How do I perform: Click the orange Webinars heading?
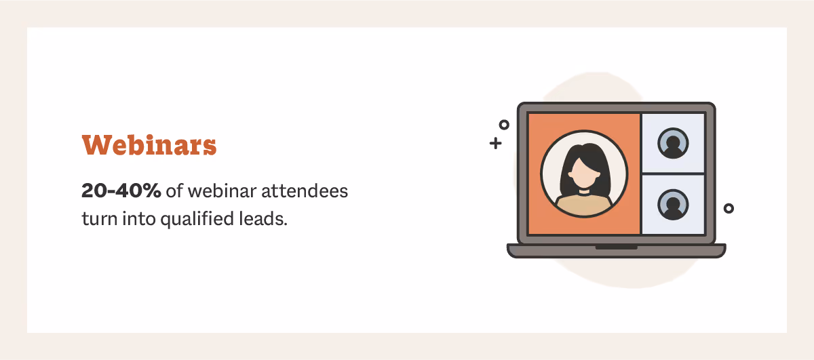point(149,145)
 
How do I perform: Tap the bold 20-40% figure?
point(121,191)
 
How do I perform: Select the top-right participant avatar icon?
point(673,143)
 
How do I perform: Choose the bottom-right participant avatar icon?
point(673,205)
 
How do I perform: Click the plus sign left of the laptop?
point(496,143)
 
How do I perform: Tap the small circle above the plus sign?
point(504,125)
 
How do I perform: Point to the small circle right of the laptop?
point(729,208)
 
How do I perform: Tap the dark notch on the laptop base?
point(616,247)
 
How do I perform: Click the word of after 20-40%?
point(174,191)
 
